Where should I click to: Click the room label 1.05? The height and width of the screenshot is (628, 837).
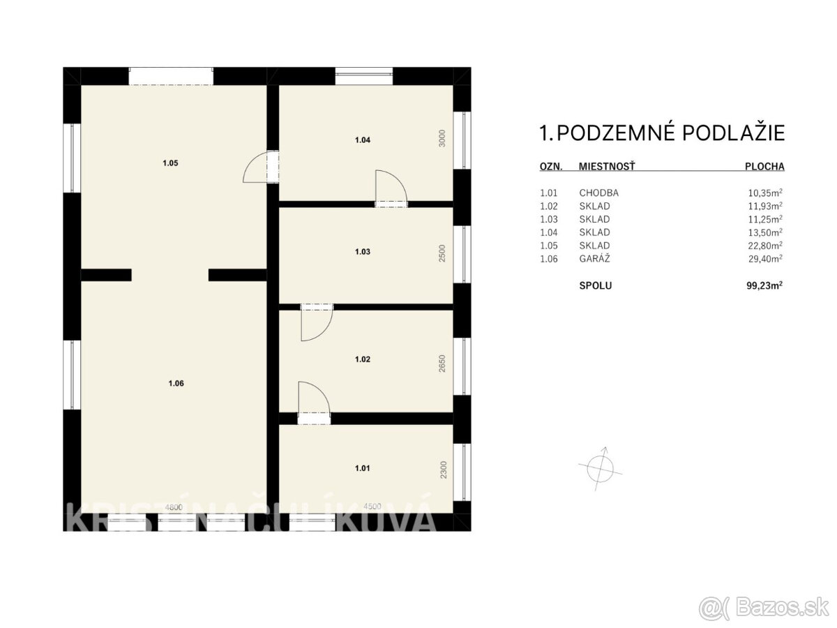tap(171, 163)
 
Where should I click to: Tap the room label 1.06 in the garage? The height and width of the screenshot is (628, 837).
tap(176, 382)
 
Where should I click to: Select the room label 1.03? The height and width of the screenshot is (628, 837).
tap(362, 251)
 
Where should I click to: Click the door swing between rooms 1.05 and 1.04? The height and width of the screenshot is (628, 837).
tap(262, 167)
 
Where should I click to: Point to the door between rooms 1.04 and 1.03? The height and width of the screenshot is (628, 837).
tap(391, 188)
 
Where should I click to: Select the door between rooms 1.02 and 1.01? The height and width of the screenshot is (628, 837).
tap(314, 403)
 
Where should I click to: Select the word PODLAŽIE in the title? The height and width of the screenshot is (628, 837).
tap(733, 133)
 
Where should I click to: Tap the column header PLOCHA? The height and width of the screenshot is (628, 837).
tap(764, 167)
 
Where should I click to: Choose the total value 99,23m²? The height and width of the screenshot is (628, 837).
tap(764, 285)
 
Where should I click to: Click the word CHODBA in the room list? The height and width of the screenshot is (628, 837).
tap(598, 193)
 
